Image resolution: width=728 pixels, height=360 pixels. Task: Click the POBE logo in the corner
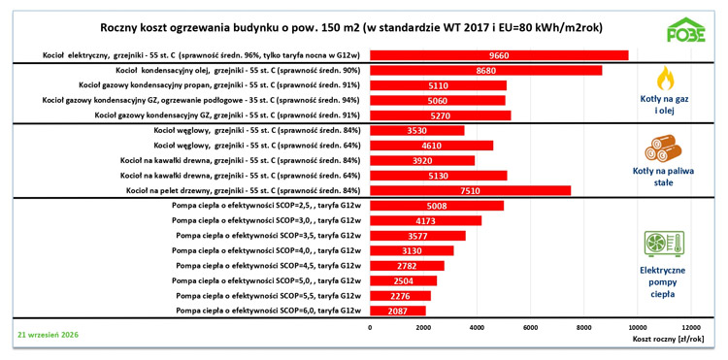click(685, 30)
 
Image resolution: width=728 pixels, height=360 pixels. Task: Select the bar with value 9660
click(499, 55)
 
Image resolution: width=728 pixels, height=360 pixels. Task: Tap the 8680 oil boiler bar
click(486, 71)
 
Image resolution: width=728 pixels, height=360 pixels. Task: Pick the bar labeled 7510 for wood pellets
click(471, 190)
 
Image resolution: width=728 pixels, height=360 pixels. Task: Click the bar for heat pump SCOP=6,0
click(398, 311)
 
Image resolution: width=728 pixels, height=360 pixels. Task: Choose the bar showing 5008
click(437, 206)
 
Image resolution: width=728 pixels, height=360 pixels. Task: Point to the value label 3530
click(417, 130)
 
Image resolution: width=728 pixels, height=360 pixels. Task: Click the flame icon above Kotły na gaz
click(664, 78)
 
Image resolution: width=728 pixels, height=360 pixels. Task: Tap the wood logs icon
click(664, 148)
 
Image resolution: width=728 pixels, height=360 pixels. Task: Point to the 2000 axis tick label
click(423, 328)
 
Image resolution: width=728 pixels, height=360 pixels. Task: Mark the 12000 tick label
click(691, 328)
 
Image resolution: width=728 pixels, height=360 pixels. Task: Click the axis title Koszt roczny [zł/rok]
click(668, 339)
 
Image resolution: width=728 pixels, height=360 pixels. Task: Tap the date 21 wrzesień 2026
click(48, 334)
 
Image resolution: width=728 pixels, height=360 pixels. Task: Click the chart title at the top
click(351, 28)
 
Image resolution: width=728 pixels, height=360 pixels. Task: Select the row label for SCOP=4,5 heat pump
click(268, 266)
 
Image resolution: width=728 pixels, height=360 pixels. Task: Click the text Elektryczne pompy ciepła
click(664, 282)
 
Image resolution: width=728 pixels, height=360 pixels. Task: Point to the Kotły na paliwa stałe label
click(664, 178)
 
